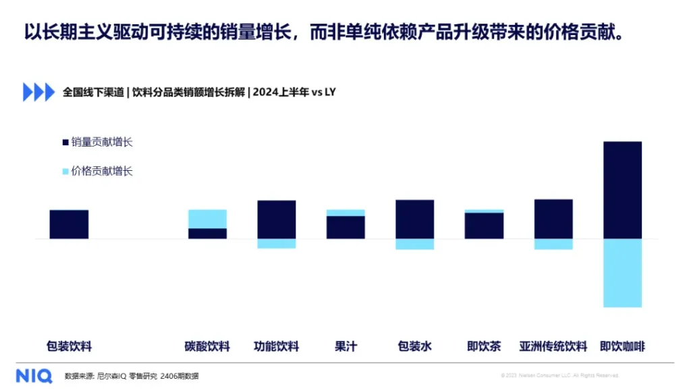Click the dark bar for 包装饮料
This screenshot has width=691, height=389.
(x=69, y=224)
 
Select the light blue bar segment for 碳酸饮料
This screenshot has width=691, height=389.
(x=207, y=219)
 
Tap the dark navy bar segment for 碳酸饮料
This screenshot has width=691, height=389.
(x=207, y=234)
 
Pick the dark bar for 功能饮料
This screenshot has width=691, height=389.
(x=277, y=219)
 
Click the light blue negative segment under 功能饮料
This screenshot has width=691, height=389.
(x=277, y=244)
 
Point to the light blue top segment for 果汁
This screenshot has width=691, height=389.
(x=345, y=213)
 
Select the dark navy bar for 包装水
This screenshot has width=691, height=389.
(x=415, y=219)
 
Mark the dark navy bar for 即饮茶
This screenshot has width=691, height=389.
(x=484, y=226)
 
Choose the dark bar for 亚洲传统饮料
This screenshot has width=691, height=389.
(x=553, y=219)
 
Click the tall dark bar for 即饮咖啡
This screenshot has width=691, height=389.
(x=622, y=190)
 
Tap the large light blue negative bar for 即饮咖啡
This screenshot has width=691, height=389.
(x=622, y=273)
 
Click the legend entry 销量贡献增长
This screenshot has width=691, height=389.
(x=101, y=142)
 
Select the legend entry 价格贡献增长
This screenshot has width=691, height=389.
(x=101, y=172)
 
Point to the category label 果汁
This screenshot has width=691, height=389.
(x=345, y=347)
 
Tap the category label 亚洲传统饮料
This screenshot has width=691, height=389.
(x=553, y=347)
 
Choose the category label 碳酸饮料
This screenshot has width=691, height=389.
(x=207, y=347)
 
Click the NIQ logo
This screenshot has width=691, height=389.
(x=34, y=375)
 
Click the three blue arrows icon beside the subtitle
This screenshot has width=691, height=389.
(x=38, y=92)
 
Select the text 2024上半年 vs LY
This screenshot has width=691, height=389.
(x=294, y=92)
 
